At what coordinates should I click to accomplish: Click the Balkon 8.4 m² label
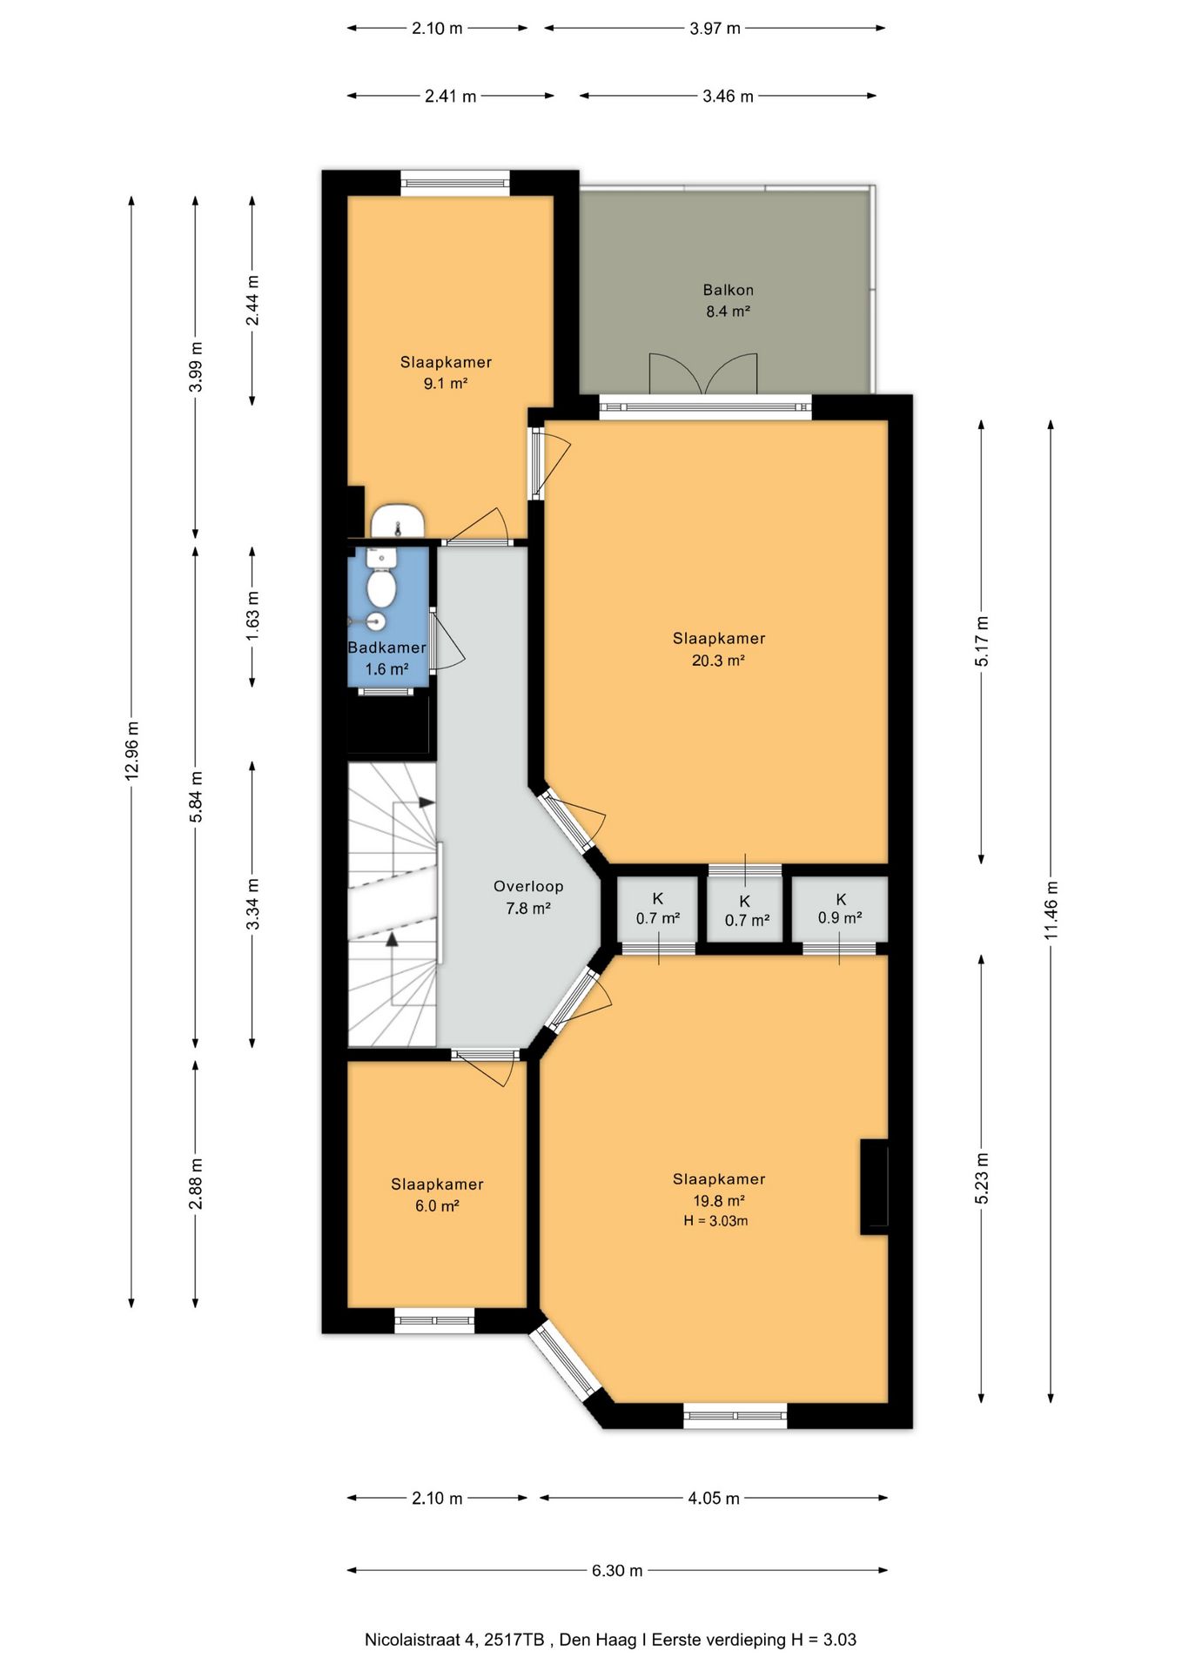point(728,300)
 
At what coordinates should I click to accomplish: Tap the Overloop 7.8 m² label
point(528,897)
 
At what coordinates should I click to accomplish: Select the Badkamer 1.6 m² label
point(387,658)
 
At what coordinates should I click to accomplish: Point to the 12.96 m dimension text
point(132,750)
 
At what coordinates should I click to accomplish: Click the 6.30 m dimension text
point(617,1570)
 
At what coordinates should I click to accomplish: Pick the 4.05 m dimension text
point(714,1498)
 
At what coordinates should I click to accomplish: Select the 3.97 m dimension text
point(715,28)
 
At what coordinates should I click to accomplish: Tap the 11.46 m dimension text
point(1051,909)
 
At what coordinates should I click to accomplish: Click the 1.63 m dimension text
point(252,616)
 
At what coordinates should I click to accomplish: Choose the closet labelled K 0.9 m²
point(840,909)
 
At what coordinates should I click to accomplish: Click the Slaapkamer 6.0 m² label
point(437,1194)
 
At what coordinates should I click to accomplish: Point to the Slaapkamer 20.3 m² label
point(719,649)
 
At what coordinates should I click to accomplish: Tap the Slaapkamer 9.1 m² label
point(446,372)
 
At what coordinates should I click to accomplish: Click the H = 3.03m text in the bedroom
point(715,1221)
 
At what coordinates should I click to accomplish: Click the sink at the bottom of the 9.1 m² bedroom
point(398,520)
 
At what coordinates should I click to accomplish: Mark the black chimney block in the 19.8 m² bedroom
point(874,1186)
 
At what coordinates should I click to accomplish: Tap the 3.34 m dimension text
point(252,903)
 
